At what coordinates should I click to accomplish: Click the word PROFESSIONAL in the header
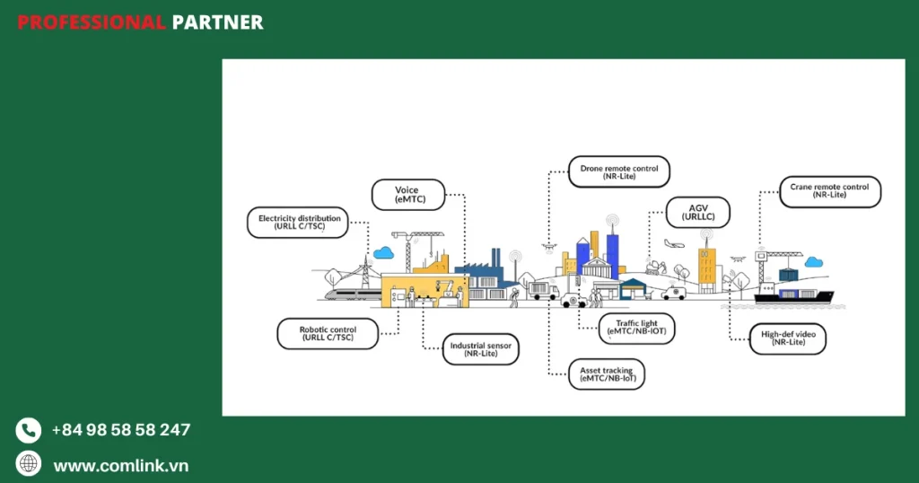91,22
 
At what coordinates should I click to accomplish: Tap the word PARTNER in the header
217,22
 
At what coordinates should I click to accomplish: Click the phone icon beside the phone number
29,430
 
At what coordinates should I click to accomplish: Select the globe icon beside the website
29,464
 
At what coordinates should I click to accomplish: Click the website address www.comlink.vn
121,465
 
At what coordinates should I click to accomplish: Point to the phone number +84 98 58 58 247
121,430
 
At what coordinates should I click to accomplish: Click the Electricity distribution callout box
299,223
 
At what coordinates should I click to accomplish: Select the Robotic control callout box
328,334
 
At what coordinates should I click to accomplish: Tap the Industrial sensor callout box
481,350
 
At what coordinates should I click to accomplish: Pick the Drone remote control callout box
619,171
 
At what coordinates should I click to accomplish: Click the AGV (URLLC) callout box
697,213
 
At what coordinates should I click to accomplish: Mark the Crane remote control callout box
828,191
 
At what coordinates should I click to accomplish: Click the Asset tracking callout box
608,374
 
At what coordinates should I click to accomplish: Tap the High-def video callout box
787,338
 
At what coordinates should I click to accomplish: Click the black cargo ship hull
793,297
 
